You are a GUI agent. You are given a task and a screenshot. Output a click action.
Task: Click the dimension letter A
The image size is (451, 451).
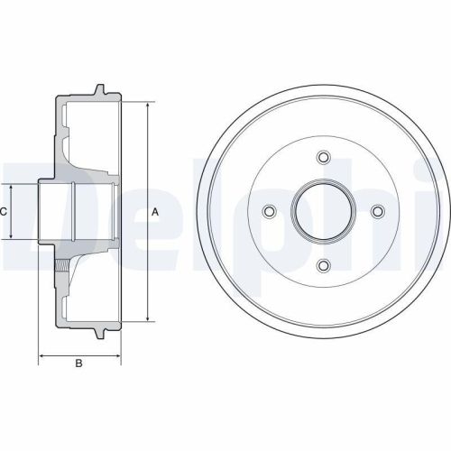[x=155, y=212]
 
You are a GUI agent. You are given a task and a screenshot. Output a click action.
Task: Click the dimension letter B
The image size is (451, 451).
[x=78, y=364]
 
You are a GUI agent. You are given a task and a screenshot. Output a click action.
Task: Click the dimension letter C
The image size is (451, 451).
[x=5, y=211]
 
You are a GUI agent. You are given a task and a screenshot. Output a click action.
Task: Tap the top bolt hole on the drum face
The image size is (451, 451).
[x=323, y=158]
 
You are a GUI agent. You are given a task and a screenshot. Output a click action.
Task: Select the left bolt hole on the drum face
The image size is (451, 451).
[x=269, y=211]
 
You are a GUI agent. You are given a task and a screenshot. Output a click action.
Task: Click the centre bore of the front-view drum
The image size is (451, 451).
[x=323, y=211]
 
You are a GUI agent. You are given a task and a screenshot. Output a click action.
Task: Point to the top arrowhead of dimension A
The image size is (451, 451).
[x=146, y=105]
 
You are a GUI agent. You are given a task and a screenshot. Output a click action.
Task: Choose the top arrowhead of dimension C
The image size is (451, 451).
[x=11, y=186]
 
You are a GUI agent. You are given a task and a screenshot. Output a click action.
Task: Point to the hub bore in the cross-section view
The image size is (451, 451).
[x=77, y=211]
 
